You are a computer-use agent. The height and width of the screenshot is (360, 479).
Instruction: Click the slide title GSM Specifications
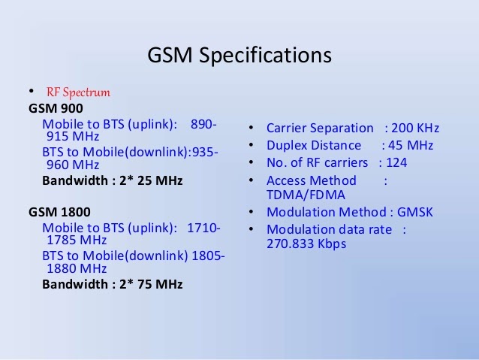pyautogui.click(x=238, y=56)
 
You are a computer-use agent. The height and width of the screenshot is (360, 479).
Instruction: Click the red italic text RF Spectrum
pyautogui.click(x=78, y=92)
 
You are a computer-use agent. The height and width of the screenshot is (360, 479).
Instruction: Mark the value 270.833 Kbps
pyautogui.click(x=306, y=244)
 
